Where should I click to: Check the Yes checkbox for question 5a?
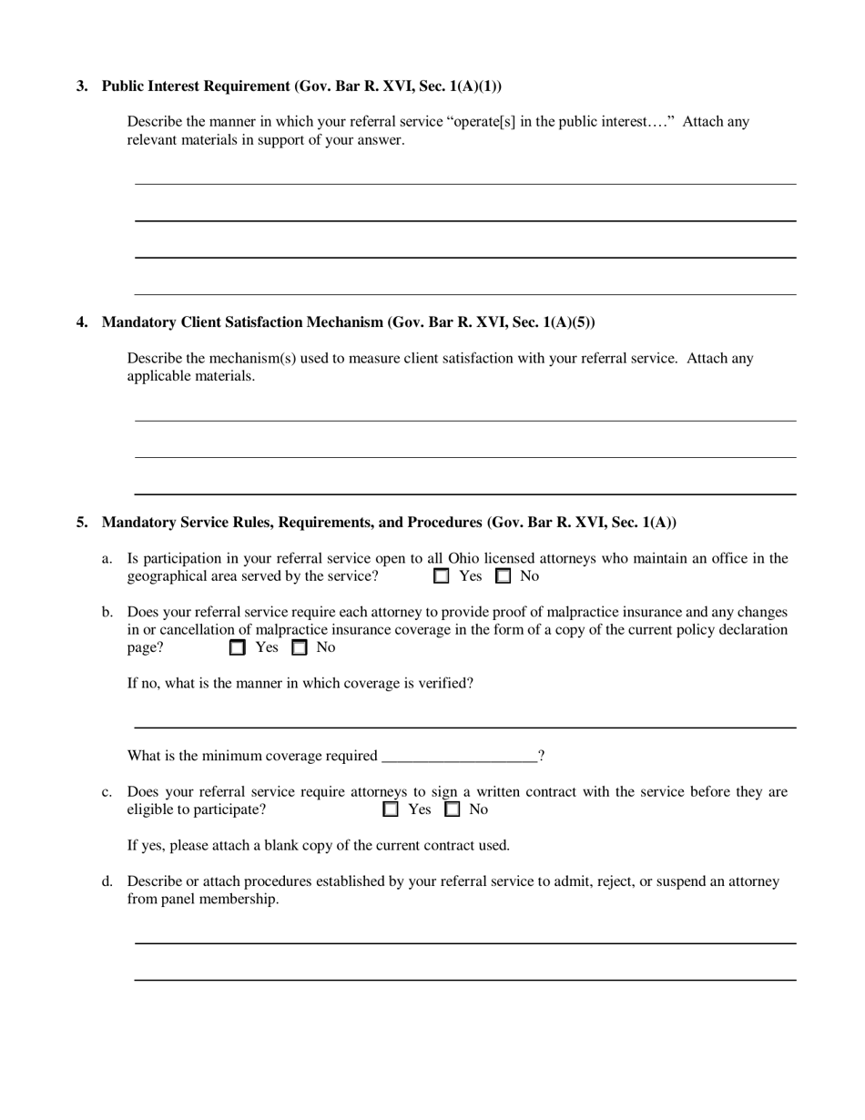pyautogui.click(x=442, y=576)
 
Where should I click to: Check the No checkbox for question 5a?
pyautogui.click(x=503, y=576)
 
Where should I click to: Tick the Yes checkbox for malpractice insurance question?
pyautogui.click(x=238, y=648)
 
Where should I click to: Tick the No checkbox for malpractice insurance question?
pyautogui.click(x=299, y=648)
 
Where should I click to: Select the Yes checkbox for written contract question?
pyautogui.click(x=391, y=809)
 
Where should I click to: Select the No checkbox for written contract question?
pyautogui.click(x=452, y=809)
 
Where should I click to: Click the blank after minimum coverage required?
pyautogui.click(x=460, y=756)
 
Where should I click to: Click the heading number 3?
pyautogui.click(x=82, y=87)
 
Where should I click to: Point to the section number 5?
pyautogui.click(x=82, y=523)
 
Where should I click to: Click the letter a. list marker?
pyautogui.click(x=107, y=559)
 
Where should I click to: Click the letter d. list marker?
pyautogui.click(x=107, y=881)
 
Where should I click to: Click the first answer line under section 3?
pyautogui.click(x=464, y=183)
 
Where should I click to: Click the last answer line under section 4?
pyautogui.click(x=464, y=494)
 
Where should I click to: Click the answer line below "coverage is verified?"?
pyautogui.click(x=464, y=727)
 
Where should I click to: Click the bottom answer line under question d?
pyautogui.click(x=464, y=979)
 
